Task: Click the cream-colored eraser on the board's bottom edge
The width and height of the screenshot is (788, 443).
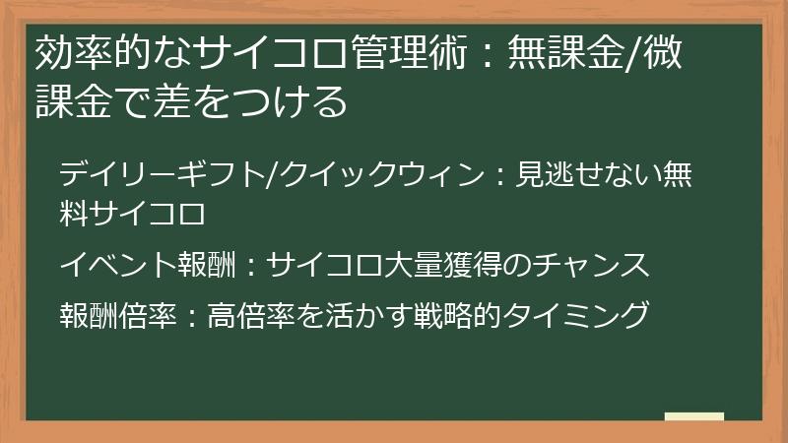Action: (694, 416)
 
